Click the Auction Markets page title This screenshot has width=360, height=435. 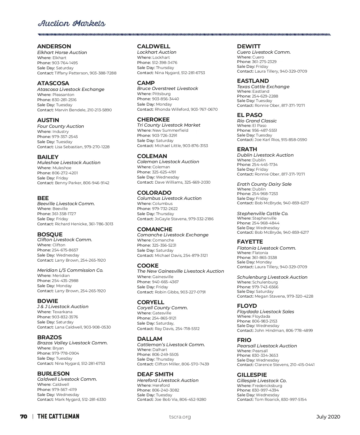click(x=71, y=24)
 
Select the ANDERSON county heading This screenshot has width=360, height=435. click(x=54, y=46)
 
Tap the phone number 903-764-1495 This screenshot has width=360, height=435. click(x=65, y=63)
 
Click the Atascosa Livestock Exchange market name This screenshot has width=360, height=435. click(x=71, y=89)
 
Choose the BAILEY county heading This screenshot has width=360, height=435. click(x=48, y=157)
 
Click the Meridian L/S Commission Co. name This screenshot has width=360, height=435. click(x=70, y=270)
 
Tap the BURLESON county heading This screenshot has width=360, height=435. click(x=53, y=374)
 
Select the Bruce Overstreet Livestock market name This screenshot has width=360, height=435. click(x=167, y=88)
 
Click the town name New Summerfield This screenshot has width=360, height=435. click(x=170, y=130)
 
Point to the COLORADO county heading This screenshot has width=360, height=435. click(x=154, y=193)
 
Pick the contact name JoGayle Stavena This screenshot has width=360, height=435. click(x=171, y=219)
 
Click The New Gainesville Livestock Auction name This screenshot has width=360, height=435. click(x=180, y=271)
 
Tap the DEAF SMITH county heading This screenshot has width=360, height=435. click(x=155, y=374)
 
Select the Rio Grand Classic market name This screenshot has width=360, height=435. click(x=257, y=121)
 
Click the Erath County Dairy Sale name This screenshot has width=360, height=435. click(x=264, y=184)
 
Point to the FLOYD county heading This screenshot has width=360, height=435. click(x=247, y=306)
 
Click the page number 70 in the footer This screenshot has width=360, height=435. click(x=24, y=417)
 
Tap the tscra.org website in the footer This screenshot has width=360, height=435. click(x=180, y=417)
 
